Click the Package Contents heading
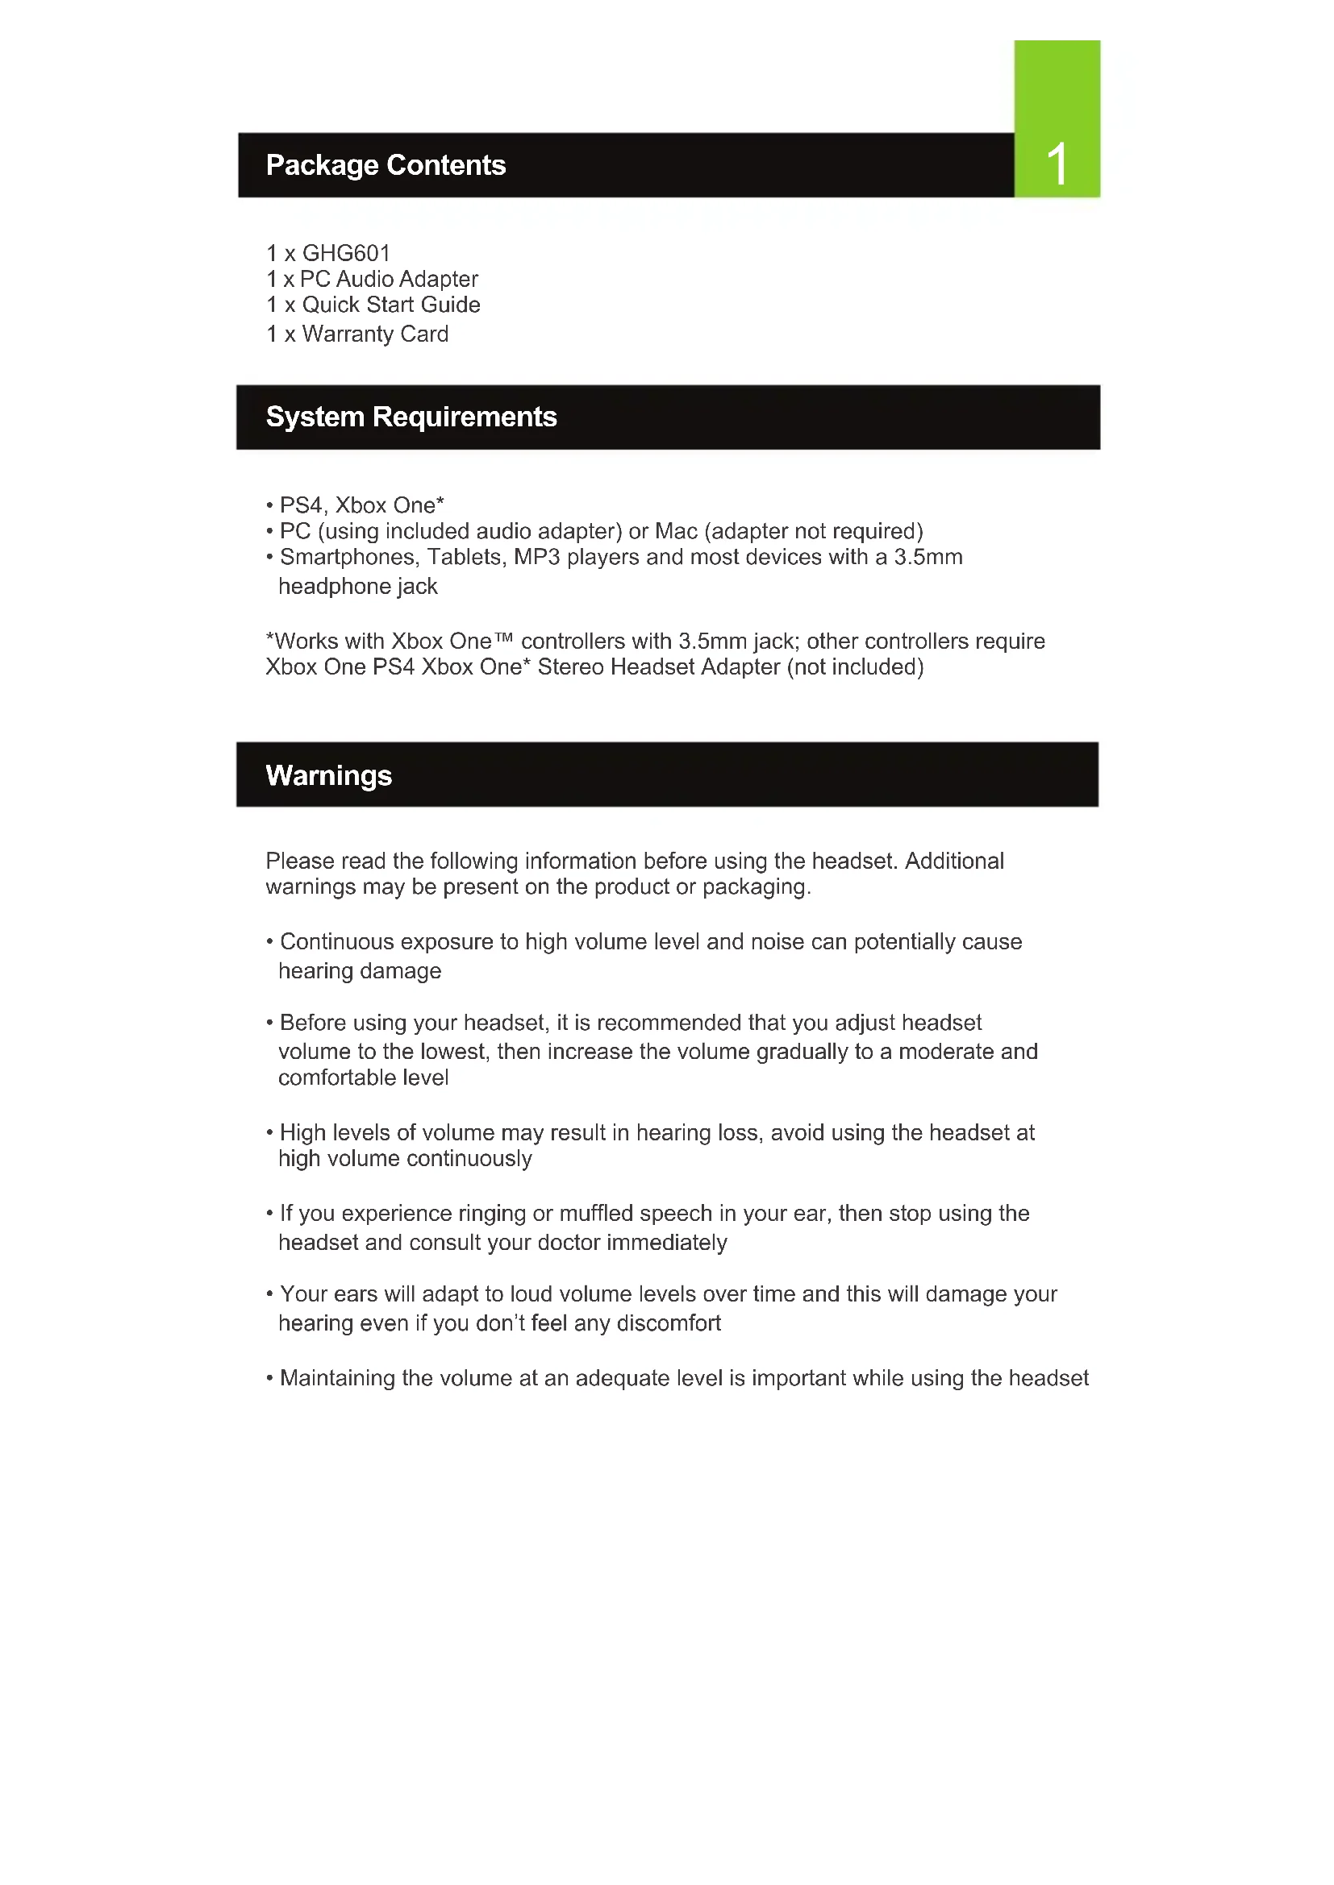coord(386,165)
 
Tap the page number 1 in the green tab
coord(1057,164)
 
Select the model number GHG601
coord(346,253)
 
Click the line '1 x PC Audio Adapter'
coord(372,279)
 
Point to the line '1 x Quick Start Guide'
coord(373,305)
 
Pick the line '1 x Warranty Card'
coord(357,334)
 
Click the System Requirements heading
coord(411,417)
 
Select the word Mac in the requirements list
coord(676,531)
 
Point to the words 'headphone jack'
coord(357,586)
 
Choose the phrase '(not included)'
coord(855,666)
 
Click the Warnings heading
coord(328,776)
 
